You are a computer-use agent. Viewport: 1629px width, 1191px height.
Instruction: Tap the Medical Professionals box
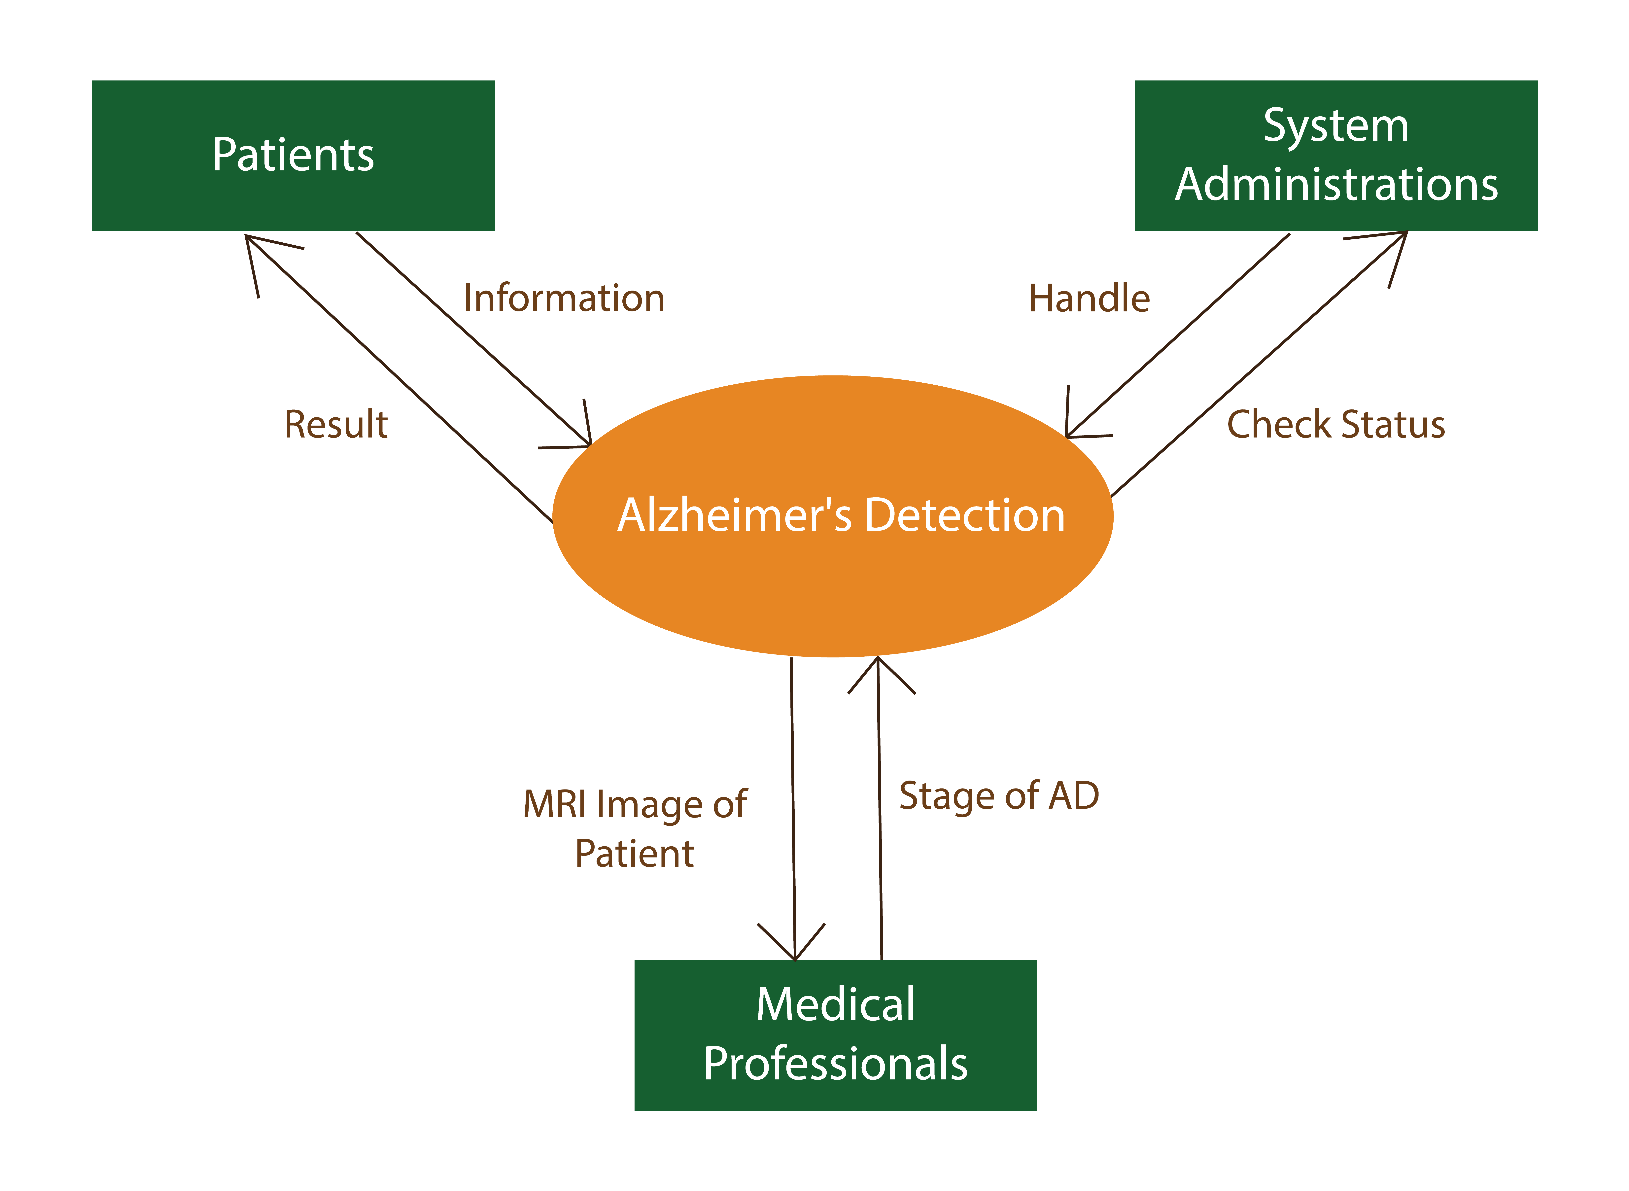tap(835, 1034)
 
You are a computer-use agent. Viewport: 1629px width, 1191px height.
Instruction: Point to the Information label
tap(564, 298)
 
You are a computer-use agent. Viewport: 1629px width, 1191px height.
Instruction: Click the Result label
tap(336, 425)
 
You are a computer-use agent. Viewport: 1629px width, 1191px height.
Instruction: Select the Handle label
tap(1089, 298)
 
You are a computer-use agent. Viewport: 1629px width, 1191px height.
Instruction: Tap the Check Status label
tap(1336, 425)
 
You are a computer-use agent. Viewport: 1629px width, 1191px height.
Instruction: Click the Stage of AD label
tap(999, 796)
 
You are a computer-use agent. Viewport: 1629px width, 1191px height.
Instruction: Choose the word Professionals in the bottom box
tap(835, 1064)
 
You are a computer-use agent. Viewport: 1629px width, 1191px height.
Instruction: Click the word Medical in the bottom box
tap(835, 1004)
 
